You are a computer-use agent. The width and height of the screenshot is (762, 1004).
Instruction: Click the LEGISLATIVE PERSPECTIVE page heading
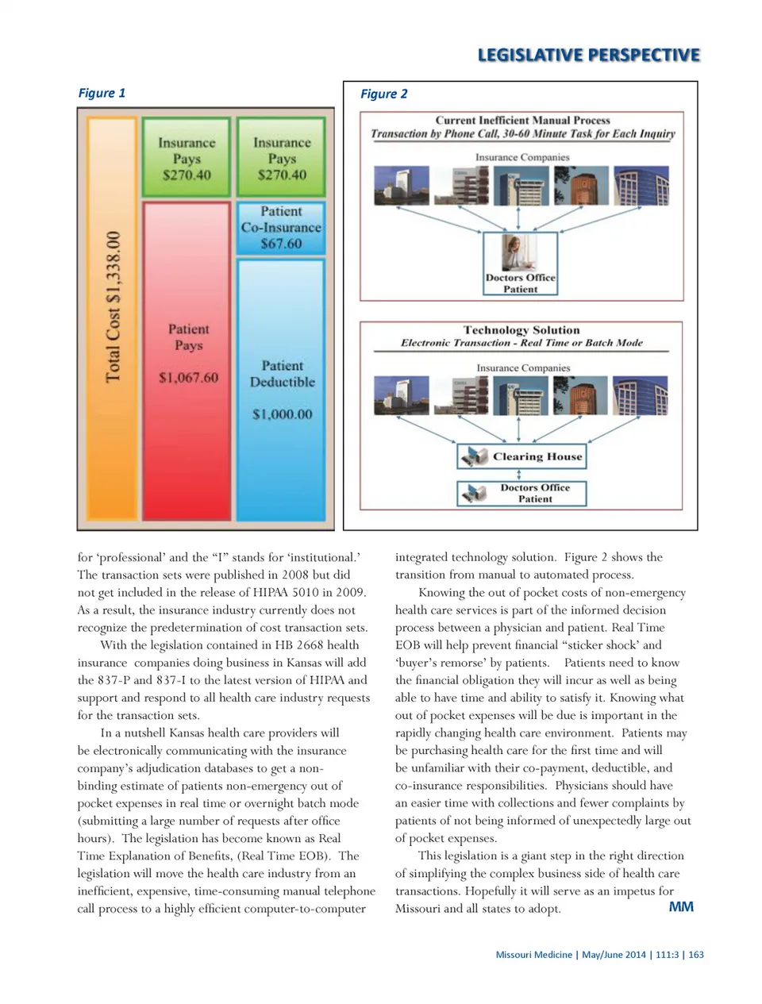pyautogui.click(x=588, y=55)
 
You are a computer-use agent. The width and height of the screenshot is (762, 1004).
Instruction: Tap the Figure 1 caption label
pyautogui.click(x=102, y=93)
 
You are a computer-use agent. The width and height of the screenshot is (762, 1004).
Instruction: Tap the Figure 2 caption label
pyautogui.click(x=383, y=94)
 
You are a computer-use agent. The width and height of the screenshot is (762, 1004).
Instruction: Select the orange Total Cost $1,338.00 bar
pyautogui.click(x=112, y=317)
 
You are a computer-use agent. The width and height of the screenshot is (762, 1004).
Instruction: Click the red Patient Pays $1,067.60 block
pyautogui.click(x=187, y=357)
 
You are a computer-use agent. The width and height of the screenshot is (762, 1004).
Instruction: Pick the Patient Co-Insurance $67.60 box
pyautogui.click(x=282, y=229)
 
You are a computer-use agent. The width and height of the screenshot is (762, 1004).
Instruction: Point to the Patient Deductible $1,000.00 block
pyautogui.click(x=282, y=389)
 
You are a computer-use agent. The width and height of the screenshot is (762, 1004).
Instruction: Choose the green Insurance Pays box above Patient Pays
pyautogui.click(x=187, y=157)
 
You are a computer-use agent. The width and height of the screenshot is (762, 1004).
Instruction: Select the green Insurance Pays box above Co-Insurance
pyautogui.click(x=282, y=157)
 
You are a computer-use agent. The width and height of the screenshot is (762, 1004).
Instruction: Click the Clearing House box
pyautogui.click(x=521, y=456)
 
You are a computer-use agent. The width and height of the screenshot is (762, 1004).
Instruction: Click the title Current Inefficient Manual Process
pyautogui.click(x=522, y=121)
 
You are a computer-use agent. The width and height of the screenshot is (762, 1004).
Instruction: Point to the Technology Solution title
pyautogui.click(x=521, y=330)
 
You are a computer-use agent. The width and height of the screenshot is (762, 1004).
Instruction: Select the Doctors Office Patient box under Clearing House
pyautogui.click(x=521, y=494)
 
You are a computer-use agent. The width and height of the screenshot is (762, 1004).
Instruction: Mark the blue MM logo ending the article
pyautogui.click(x=681, y=906)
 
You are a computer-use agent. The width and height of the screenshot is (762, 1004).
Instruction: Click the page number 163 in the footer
pyautogui.click(x=696, y=955)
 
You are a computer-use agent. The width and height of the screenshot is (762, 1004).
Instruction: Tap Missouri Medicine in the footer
pyautogui.click(x=533, y=955)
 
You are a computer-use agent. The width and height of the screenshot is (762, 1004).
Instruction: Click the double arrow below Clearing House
pyautogui.click(x=519, y=475)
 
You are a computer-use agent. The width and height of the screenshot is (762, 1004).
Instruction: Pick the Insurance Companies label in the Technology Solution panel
pyautogui.click(x=523, y=368)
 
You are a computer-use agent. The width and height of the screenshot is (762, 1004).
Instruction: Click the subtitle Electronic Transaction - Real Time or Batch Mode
pyautogui.click(x=521, y=343)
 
